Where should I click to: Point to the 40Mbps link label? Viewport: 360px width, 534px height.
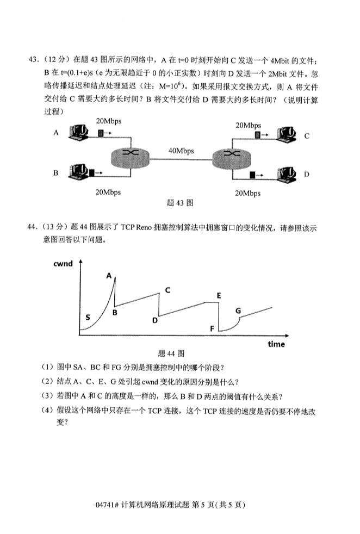181,151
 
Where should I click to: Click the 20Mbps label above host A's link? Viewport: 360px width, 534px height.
108,120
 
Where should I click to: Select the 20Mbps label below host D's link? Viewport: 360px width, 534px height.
247,193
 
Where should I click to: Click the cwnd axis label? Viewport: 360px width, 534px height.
63,264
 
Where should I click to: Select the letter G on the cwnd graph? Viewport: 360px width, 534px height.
238,310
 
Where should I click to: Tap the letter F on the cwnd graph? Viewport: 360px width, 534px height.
212,329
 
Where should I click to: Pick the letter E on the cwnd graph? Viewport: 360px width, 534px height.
218,295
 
